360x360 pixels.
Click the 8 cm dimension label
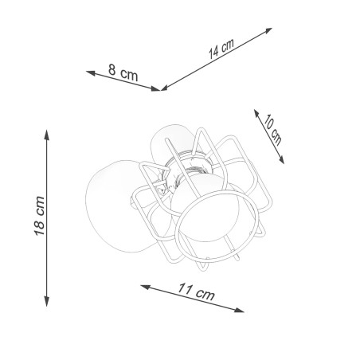[124, 72]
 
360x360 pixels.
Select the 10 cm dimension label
[272, 128]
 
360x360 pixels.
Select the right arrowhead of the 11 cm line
[241, 309]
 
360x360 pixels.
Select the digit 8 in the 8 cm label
[113, 71]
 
